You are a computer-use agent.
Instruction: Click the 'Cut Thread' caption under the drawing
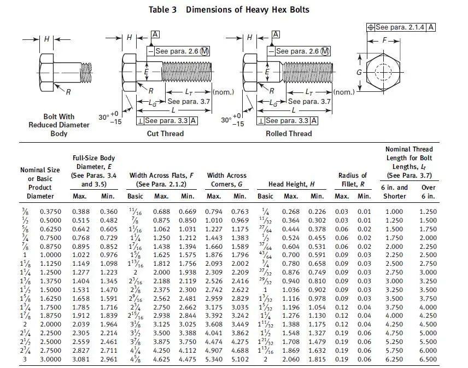click(165, 133)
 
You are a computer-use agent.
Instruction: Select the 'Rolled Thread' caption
click(289, 133)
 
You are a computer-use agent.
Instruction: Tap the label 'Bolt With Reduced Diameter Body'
click(59, 125)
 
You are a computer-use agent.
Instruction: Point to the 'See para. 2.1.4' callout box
click(402, 27)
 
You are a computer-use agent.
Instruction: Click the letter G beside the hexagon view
click(359, 73)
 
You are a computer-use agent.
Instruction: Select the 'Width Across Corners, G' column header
click(226, 180)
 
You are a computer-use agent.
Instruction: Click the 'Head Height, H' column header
click(291, 184)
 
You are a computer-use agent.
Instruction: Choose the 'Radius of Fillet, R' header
click(353, 180)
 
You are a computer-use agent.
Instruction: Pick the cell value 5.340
click(215, 359)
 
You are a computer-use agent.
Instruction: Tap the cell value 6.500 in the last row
click(428, 359)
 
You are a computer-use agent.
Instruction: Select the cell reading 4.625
click(161, 359)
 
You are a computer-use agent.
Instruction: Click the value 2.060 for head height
click(291, 359)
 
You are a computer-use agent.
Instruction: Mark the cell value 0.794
click(215, 211)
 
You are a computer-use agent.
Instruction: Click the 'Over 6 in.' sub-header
click(428, 192)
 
